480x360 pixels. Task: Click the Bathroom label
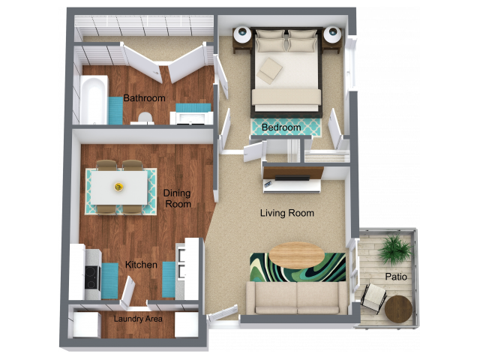point(144,98)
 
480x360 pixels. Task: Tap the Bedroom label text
point(281,127)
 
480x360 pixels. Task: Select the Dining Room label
point(177,199)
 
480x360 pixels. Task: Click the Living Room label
point(286,213)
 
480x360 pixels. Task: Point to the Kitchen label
point(141,265)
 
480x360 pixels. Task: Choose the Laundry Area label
point(138,319)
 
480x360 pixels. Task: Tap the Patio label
point(396,277)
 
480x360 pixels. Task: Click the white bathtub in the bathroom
point(93,100)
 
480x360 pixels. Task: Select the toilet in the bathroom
point(145,117)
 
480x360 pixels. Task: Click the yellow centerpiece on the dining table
point(118,187)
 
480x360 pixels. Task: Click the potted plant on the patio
point(393,249)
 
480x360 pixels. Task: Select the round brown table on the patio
point(398,307)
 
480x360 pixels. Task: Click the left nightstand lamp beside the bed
point(243,34)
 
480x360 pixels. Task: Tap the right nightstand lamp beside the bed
point(331,34)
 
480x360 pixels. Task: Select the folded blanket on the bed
point(271,71)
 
